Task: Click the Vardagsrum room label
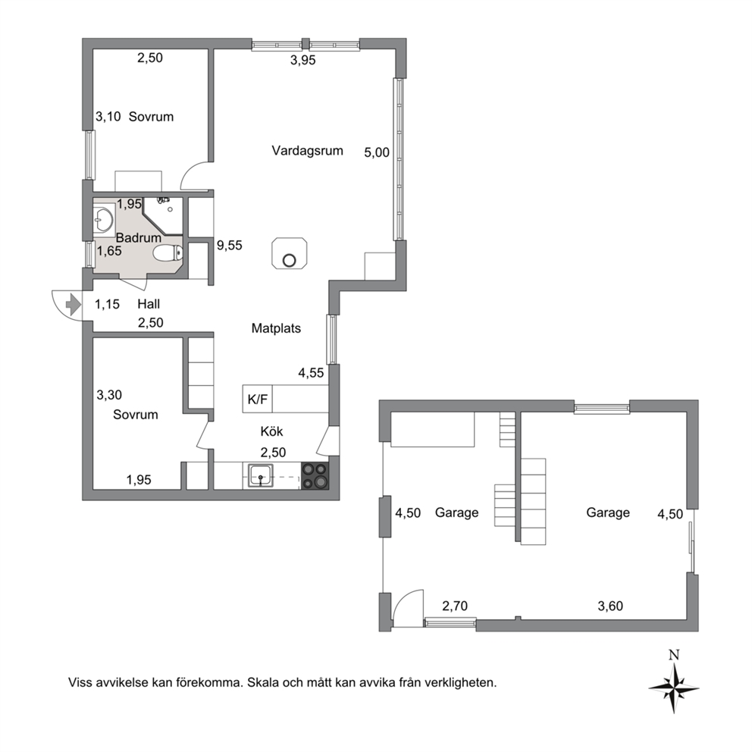(308, 151)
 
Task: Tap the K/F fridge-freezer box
(258, 399)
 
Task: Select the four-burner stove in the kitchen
(315, 475)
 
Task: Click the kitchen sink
(261, 475)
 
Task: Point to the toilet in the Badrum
(168, 252)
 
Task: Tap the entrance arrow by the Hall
(73, 305)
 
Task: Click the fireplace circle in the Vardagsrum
(289, 261)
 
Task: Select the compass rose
(674, 688)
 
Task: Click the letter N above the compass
(675, 654)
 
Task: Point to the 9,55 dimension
(229, 246)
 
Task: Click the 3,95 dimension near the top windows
(303, 61)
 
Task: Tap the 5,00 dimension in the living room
(377, 152)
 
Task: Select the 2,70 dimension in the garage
(455, 606)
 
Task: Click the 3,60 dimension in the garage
(610, 606)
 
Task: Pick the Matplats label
(276, 328)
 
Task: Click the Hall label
(149, 304)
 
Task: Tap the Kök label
(272, 431)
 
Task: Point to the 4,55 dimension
(311, 373)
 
